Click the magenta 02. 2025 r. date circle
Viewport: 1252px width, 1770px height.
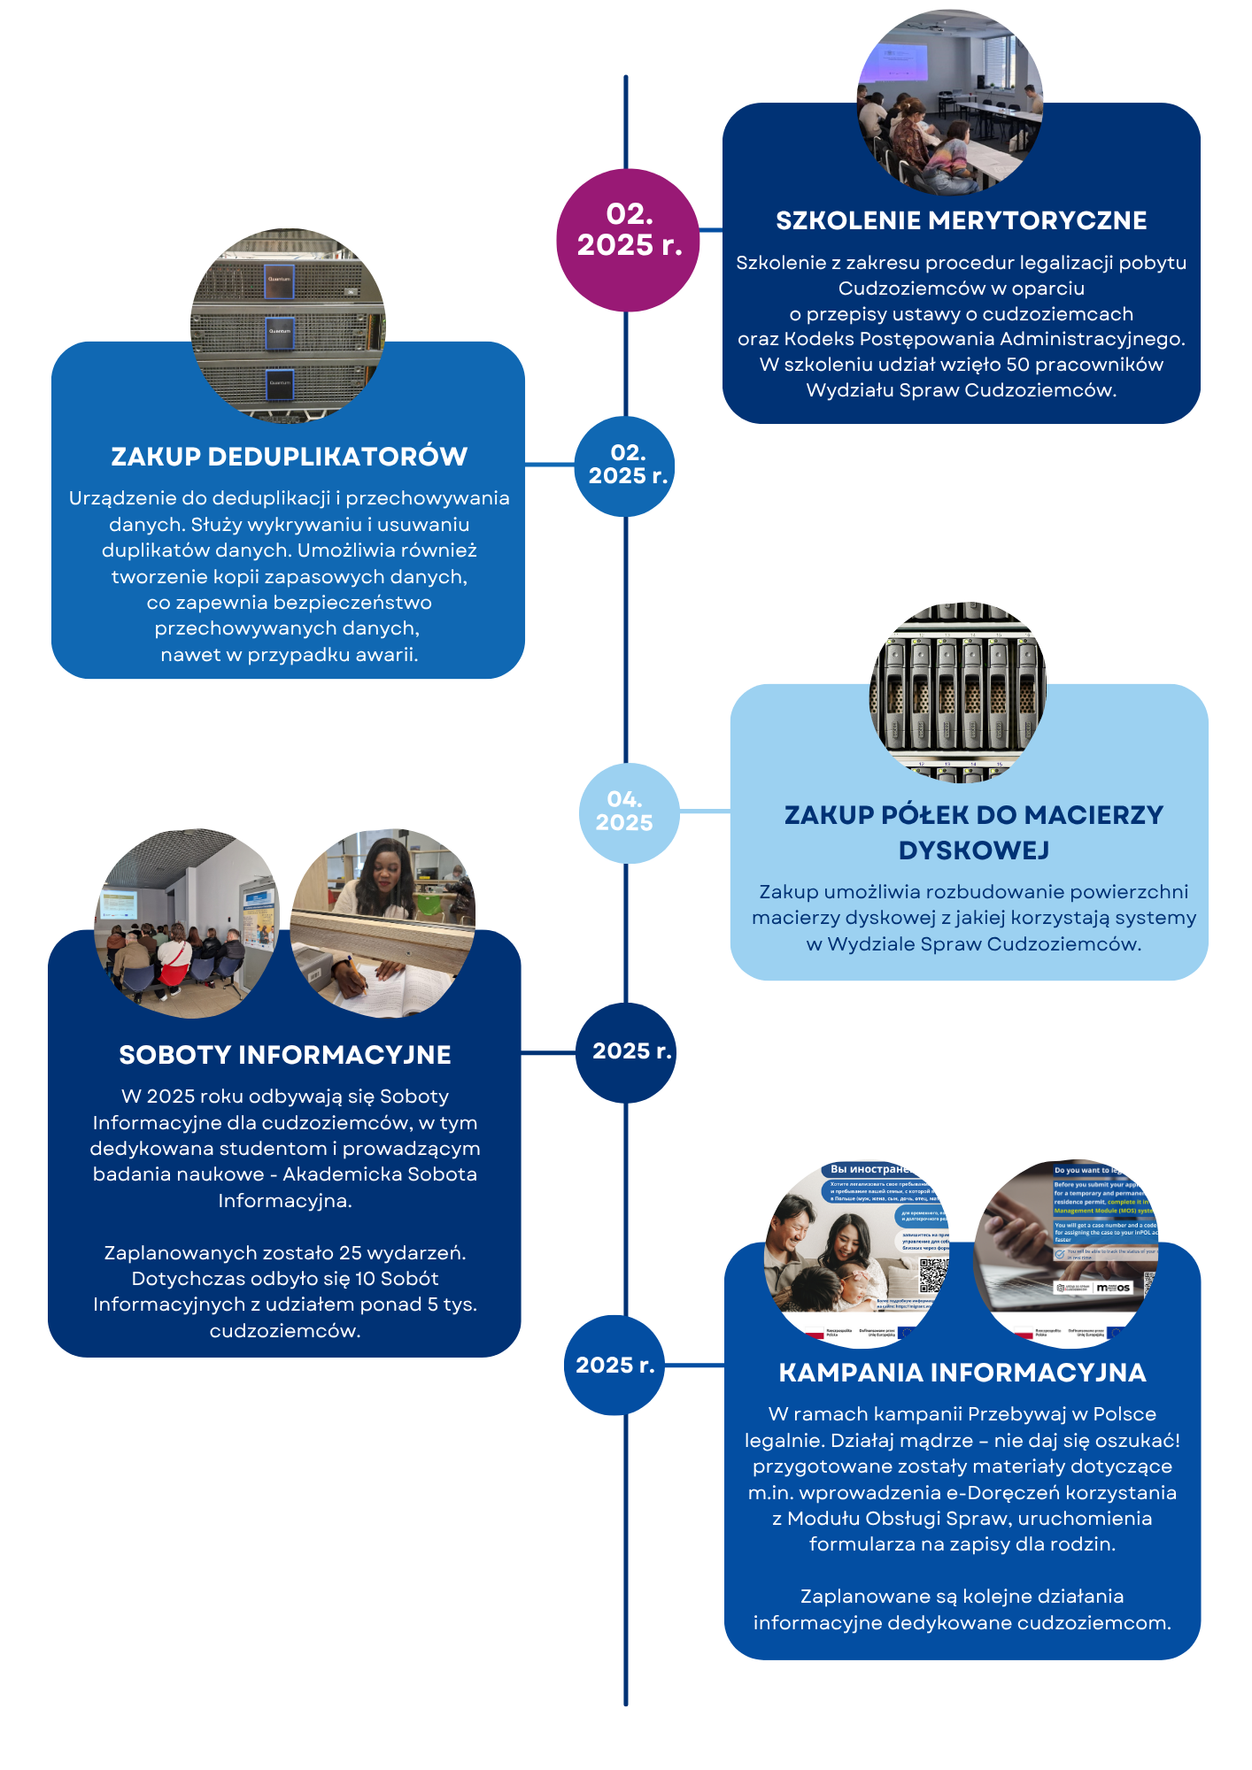(x=628, y=240)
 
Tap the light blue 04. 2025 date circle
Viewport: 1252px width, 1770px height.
(x=629, y=812)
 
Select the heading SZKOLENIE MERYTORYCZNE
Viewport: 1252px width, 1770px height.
(x=961, y=220)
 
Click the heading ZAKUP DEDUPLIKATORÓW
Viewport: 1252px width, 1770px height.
(x=289, y=457)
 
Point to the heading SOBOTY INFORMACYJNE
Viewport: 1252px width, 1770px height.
(x=284, y=1055)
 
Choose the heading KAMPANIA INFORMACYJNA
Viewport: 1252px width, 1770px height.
(x=962, y=1373)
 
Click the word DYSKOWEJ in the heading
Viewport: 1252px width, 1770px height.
(x=973, y=850)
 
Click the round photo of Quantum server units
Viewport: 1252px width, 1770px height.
(x=288, y=326)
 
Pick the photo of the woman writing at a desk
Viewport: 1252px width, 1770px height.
(x=383, y=922)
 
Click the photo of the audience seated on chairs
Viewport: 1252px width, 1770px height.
(x=186, y=922)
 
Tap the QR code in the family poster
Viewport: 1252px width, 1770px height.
(x=933, y=1274)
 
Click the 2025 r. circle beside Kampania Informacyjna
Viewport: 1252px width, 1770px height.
(x=614, y=1365)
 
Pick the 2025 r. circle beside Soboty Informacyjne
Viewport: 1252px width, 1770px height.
(x=626, y=1052)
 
